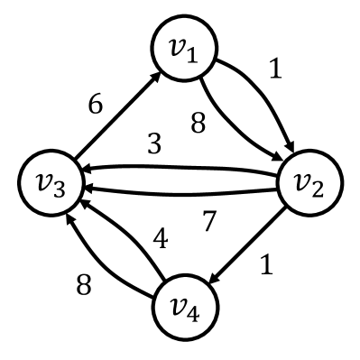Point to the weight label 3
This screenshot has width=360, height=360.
155,145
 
